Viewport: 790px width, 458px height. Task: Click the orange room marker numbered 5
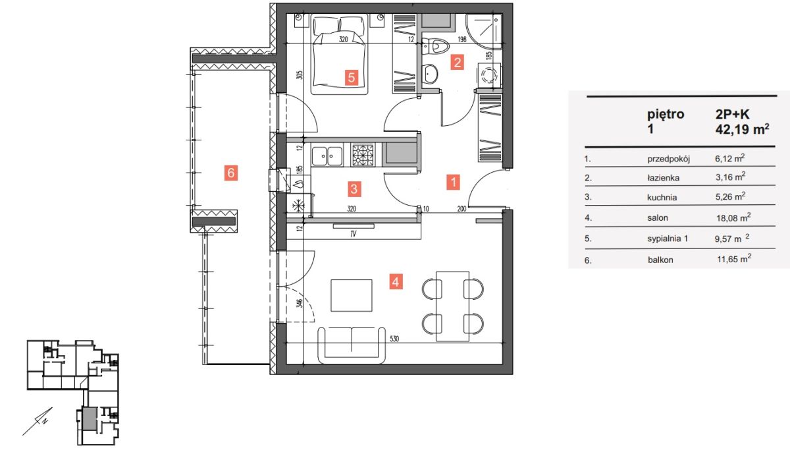coord(352,77)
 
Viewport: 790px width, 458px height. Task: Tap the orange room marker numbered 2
coord(457,63)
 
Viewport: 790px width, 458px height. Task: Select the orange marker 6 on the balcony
coord(231,173)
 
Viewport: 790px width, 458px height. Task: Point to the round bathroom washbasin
coord(429,74)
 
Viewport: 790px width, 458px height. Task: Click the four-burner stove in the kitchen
coord(363,154)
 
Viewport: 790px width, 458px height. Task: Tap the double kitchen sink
coord(327,155)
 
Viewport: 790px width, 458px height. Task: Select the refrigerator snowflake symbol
coord(298,206)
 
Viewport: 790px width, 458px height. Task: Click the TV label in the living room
coord(354,234)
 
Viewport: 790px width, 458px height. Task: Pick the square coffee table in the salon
coord(352,296)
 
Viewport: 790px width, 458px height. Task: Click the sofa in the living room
coord(352,345)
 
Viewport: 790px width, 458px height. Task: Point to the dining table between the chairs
coord(452,306)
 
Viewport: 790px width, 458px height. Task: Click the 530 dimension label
coord(394,339)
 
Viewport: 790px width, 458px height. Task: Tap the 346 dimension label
coord(300,303)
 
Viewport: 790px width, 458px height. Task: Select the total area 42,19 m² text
coord(742,129)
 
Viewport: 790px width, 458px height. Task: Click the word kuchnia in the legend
coord(662,198)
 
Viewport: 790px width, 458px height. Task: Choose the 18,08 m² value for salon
coord(733,217)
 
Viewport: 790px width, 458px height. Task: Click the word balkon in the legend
coord(660,260)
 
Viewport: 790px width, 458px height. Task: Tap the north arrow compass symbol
coord(38,421)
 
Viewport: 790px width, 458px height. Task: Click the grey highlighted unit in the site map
coord(90,418)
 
